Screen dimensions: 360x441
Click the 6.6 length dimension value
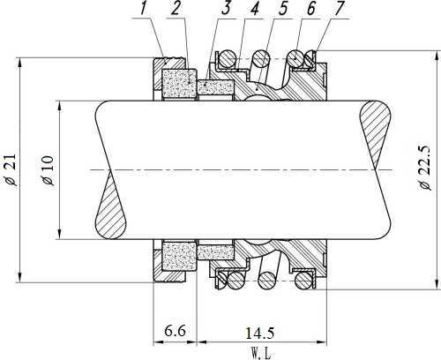pos(175,332)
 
